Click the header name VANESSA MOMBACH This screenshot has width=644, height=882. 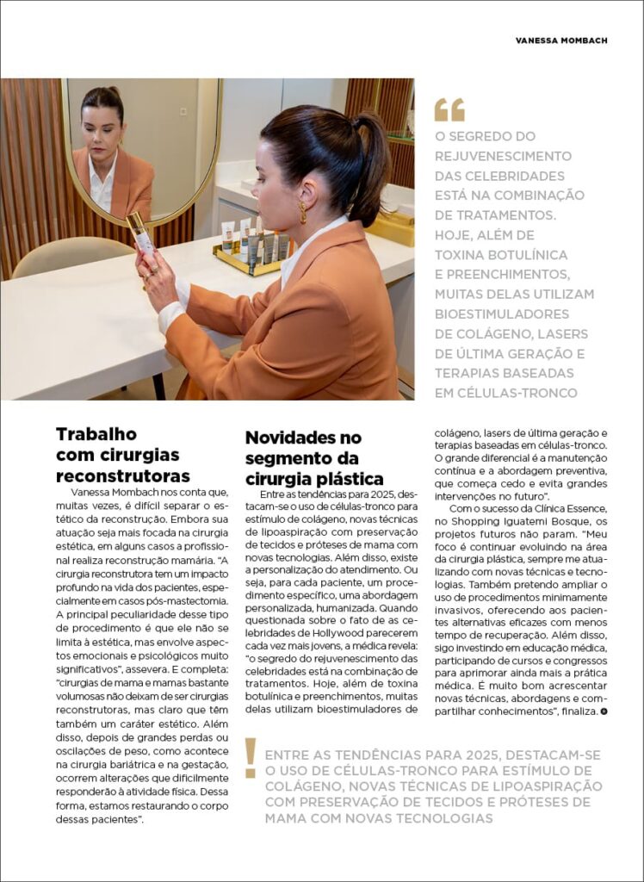pyautogui.click(x=560, y=40)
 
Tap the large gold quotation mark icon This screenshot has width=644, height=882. pyautogui.click(x=449, y=110)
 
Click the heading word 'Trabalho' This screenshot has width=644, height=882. pyautogui.click(x=96, y=434)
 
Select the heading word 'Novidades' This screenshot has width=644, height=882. pyautogui.click(x=291, y=438)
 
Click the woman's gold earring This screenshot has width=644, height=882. pyautogui.click(x=303, y=211)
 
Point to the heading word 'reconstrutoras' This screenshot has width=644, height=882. pyautogui.click(x=123, y=476)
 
